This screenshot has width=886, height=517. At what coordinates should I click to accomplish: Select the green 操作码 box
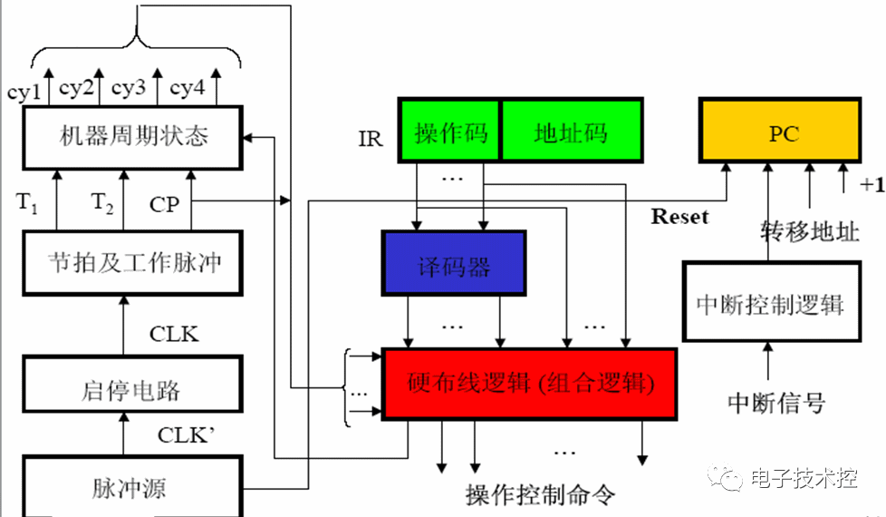(450, 132)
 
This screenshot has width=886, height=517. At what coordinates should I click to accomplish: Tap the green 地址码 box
(571, 132)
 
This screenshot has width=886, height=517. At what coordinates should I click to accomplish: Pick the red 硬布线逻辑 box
(530, 384)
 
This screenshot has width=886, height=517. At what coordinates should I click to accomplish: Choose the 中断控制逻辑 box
(770, 303)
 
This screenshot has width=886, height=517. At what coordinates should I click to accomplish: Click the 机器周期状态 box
(133, 137)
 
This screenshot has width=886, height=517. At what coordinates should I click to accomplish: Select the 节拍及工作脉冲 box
(133, 262)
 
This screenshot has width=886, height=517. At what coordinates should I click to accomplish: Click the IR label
(371, 140)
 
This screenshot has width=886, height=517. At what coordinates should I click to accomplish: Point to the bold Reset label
(680, 217)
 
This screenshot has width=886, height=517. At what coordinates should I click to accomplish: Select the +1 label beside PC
(872, 185)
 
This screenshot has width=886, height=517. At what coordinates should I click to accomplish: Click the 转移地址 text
(809, 231)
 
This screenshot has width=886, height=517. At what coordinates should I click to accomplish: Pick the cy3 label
(129, 88)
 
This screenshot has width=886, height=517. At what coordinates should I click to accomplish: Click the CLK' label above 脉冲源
(186, 434)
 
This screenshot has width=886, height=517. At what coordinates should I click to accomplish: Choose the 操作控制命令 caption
(540, 494)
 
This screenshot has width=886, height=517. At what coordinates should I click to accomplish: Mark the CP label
(165, 205)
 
